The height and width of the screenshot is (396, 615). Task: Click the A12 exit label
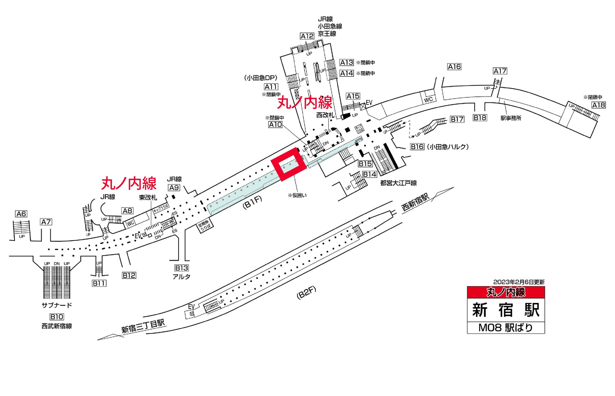[x=307, y=36]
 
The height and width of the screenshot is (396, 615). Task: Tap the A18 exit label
[x=598, y=105]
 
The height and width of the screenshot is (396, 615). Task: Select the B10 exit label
[x=57, y=317]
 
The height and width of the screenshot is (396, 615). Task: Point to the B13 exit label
[x=182, y=268]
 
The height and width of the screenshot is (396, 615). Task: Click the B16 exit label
[x=417, y=147]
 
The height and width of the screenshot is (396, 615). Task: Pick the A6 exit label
[x=21, y=214]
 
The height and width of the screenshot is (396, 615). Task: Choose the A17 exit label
[x=500, y=71]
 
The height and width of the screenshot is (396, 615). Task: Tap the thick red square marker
[x=289, y=164]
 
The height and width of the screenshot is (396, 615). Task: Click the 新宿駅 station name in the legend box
[x=506, y=310]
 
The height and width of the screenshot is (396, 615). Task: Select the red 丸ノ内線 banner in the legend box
[x=506, y=292]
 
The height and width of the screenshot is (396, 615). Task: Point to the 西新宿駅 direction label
[x=415, y=203]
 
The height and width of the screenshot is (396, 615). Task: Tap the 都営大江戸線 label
[x=398, y=183]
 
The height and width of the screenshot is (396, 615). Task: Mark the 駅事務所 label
[x=511, y=118]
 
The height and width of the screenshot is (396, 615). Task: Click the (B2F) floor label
[x=306, y=293]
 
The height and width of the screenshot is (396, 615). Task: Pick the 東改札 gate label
[x=148, y=197]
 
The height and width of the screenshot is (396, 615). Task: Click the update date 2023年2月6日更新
[x=519, y=282]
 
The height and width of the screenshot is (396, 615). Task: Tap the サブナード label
[x=57, y=305]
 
